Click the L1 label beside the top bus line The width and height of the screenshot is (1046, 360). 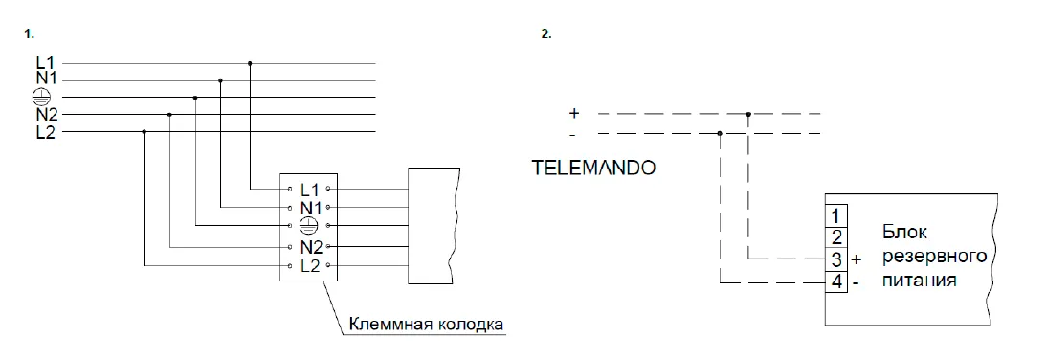[45, 63]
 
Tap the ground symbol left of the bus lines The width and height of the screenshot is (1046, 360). [41, 98]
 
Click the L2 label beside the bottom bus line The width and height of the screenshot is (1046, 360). [45, 132]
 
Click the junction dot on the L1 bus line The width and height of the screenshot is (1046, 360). [250, 63]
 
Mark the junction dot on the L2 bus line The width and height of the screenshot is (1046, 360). [145, 131]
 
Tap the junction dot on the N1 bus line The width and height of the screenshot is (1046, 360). [220, 80]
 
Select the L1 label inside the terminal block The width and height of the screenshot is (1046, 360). [310, 189]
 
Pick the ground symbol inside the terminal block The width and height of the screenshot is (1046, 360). [307, 226]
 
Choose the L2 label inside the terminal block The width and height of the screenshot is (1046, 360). [311, 266]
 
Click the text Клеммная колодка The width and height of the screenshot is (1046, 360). [426, 325]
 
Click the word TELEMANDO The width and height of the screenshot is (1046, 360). [593, 168]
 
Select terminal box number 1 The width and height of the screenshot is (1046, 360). [836, 215]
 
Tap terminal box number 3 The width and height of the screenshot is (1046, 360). [836, 259]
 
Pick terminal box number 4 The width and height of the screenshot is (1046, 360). [836, 281]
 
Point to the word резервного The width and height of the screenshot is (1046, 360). [934, 257]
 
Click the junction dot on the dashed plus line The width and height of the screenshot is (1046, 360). [748, 114]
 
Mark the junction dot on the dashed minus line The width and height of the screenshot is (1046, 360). [719, 134]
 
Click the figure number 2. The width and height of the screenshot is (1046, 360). [546, 34]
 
